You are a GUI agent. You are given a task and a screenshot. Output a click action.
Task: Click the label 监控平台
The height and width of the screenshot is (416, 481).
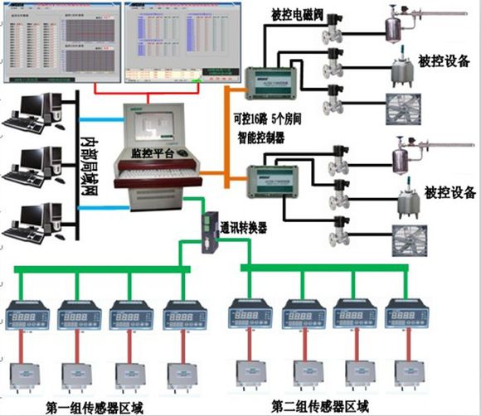[x=153, y=154]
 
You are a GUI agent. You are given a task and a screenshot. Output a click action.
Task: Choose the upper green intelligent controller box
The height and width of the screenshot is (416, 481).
[x=275, y=81]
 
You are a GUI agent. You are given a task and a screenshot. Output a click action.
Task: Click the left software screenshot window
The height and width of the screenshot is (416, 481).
[x=59, y=42]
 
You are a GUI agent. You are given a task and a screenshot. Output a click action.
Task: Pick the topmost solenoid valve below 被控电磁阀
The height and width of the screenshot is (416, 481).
[x=335, y=33]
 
